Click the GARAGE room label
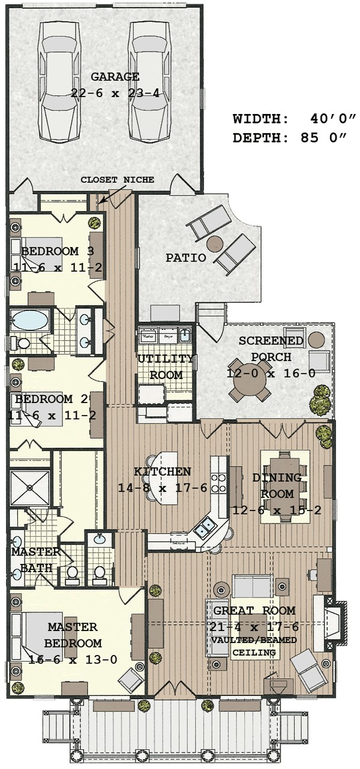(115, 77)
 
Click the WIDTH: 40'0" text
(294, 119)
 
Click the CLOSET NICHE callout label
(117, 179)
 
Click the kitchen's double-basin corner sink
(205, 527)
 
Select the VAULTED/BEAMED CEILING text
(254, 647)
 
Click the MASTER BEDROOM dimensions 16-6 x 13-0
(73, 659)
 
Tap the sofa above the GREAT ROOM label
(253, 586)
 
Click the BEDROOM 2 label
(52, 399)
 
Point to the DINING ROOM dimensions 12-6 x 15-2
(277, 510)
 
